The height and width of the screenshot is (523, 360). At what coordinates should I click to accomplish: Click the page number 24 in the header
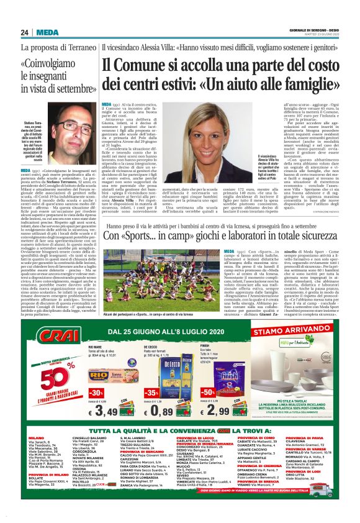(25, 32)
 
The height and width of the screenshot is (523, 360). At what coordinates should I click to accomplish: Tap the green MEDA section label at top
(48, 32)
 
